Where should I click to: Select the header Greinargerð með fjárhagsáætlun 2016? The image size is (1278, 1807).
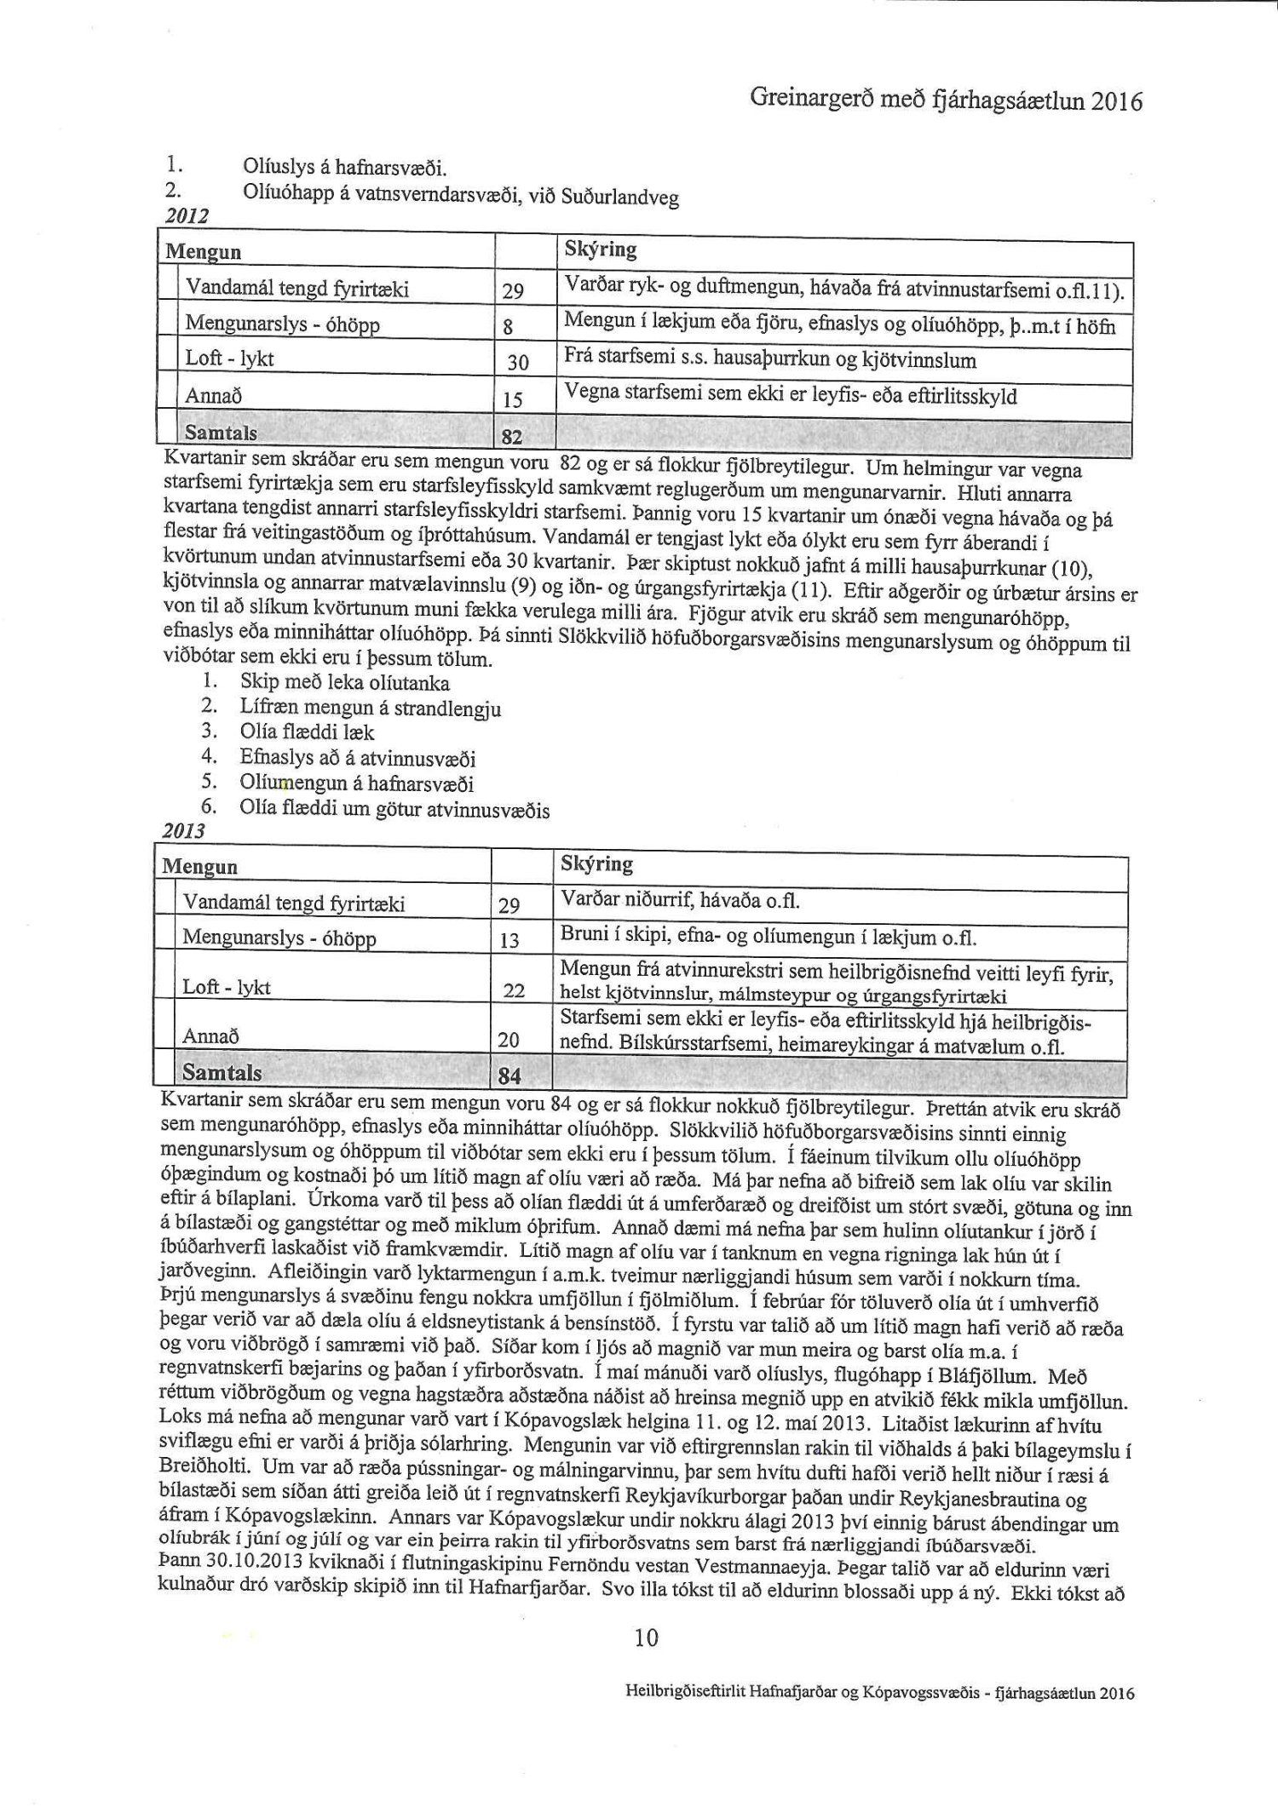(x=945, y=101)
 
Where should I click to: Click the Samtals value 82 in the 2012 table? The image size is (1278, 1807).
(x=510, y=437)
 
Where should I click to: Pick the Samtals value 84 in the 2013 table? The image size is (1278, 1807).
(x=509, y=1076)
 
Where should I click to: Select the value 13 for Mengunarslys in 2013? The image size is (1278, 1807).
(x=509, y=941)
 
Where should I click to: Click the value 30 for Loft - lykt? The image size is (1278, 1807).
(x=518, y=364)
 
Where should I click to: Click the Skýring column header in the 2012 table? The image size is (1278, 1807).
(x=600, y=250)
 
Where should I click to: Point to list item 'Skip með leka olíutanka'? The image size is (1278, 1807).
(x=344, y=683)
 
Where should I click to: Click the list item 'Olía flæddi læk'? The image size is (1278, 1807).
(x=307, y=732)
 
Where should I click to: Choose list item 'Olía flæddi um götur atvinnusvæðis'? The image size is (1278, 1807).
(x=394, y=810)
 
